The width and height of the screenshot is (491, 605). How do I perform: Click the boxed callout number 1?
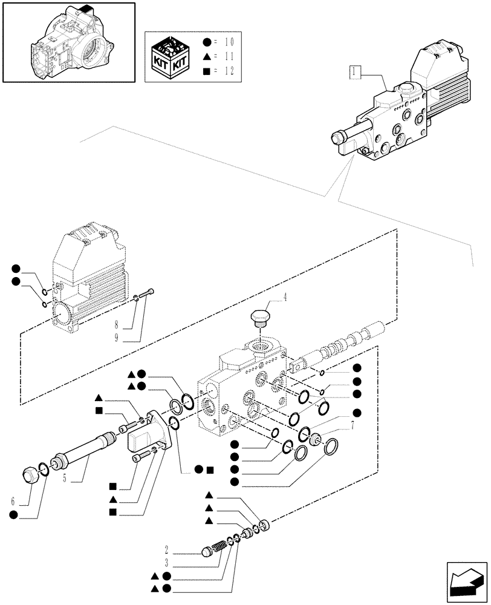pyautogui.click(x=355, y=73)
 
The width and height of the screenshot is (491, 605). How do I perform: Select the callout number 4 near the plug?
pyautogui.click(x=285, y=296)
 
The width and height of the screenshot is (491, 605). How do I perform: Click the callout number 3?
pyautogui.click(x=166, y=564)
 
